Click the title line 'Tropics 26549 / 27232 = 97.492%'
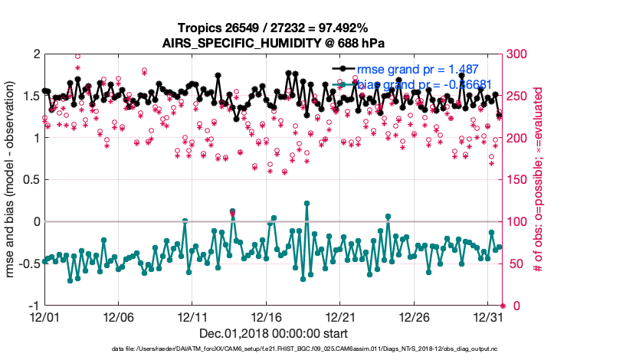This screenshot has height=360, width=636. [x=274, y=28]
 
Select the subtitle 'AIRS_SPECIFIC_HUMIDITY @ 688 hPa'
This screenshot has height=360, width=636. [x=274, y=43]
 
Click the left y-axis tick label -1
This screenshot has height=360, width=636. [x=33, y=306]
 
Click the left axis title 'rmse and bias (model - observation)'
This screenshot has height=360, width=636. [x=11, y=180]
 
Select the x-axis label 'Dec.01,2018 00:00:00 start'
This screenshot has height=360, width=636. [x=274, y=334]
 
